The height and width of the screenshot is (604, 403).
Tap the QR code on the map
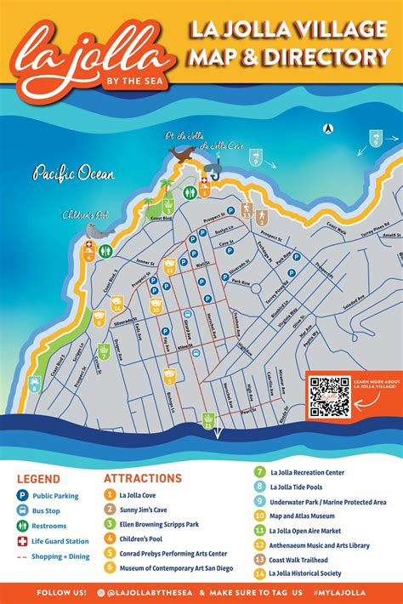pos(329,397)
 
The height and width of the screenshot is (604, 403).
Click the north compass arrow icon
pos(326,129)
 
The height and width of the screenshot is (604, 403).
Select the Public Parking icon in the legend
pos(23,496)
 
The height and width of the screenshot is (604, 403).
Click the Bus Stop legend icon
pos(23,510)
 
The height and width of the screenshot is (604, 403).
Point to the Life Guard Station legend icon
pos(23,541)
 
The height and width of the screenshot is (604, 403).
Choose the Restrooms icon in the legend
pos(23,526)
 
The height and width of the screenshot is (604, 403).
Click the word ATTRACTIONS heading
pos(143,478)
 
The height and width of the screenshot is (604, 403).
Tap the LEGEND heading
pos(38,479)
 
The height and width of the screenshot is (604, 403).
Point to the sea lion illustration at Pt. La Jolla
pos(180,154)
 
